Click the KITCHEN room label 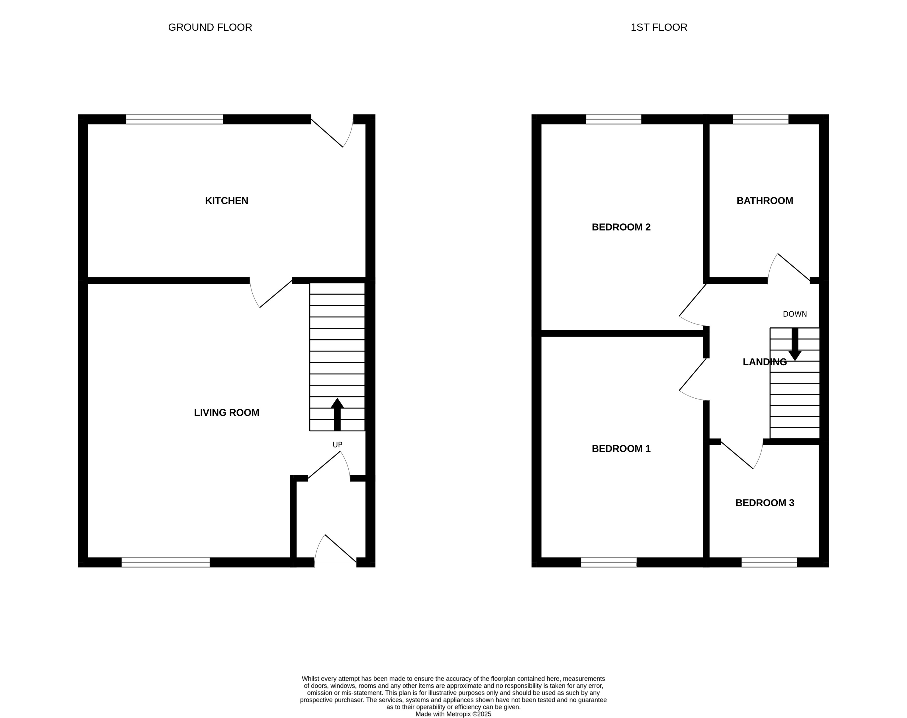[226, 201]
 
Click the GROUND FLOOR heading [210, 27]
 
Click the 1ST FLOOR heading [658, 27]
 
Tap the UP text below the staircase [337, 445]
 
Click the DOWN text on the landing [794, 314]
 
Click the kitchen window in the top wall [174, 119]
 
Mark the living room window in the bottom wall [166, 562]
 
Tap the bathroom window [760, 119]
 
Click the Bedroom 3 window [769, 562]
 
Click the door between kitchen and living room [271, 294]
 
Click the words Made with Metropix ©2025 [453, 714]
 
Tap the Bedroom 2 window [613, 119]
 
